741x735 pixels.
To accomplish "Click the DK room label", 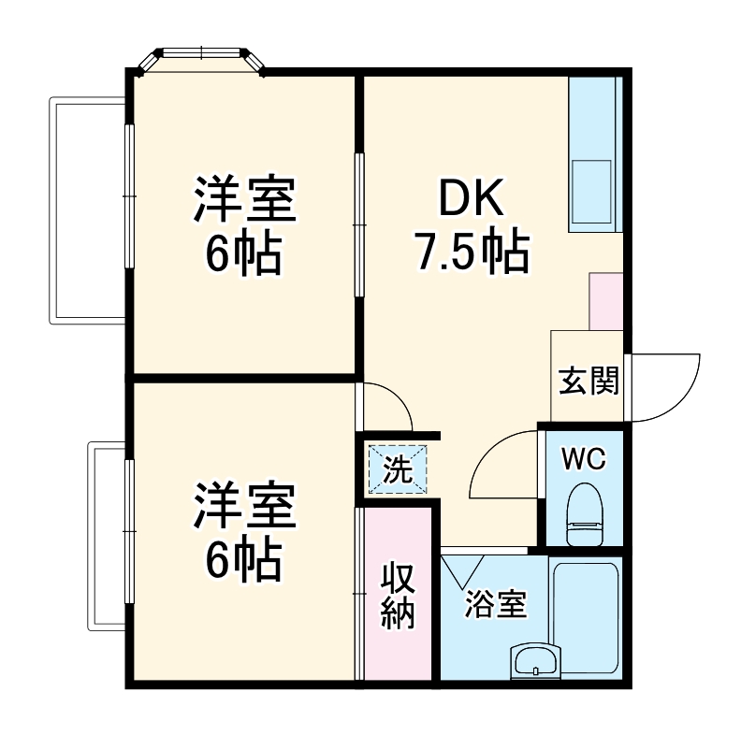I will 472,199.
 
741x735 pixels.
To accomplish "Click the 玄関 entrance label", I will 588,381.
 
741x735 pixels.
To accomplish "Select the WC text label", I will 585,459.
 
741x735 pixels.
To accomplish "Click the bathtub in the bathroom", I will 586,617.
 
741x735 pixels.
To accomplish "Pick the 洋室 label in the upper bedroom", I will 245,199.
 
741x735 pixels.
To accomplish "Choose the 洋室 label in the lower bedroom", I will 245,506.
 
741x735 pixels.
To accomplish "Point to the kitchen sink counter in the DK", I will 592,154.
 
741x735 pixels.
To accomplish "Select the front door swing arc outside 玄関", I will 664,386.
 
